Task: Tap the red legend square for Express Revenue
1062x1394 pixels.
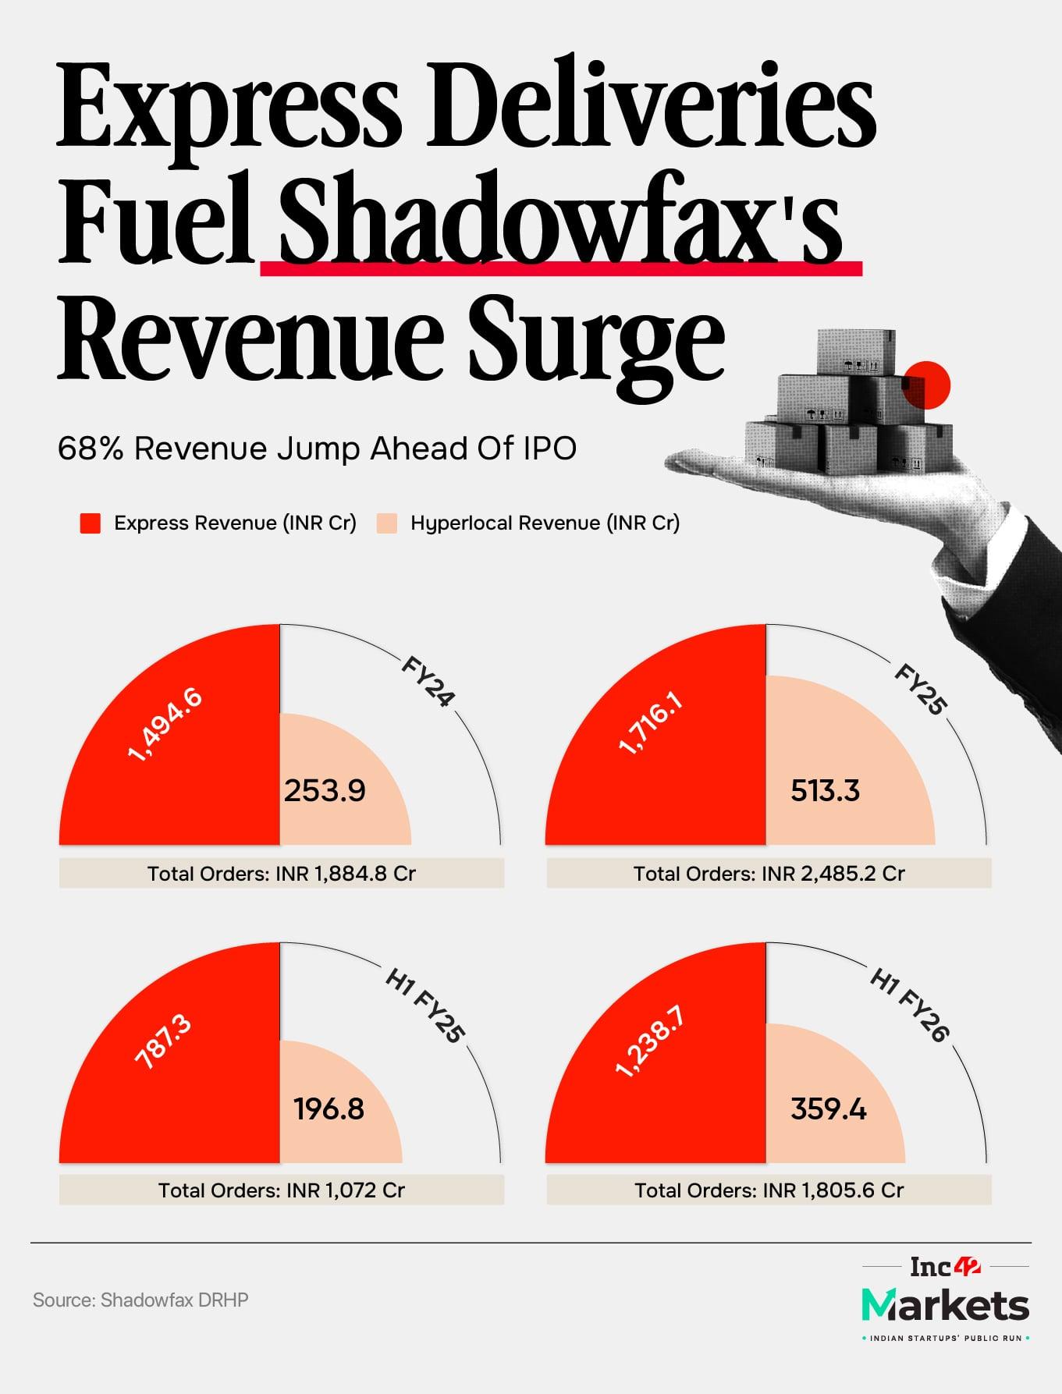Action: (91, 523)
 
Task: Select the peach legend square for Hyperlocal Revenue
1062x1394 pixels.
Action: (387, 523)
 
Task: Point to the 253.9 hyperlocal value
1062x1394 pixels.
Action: (325, 791)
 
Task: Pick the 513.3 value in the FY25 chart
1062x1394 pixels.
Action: (825, 791)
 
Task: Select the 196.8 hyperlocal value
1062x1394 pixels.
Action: (329, 1108)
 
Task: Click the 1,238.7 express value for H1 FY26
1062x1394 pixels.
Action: (650, 1042)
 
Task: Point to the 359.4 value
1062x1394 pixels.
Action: (828, 1108)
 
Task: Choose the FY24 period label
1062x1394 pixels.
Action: (427, 682)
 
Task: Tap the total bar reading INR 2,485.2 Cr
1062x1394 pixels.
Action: (769, 874)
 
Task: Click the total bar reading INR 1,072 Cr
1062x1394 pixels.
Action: (282, 1190)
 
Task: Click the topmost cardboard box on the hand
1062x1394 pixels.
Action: (856, 353)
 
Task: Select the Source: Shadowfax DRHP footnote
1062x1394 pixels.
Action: (140, 1300)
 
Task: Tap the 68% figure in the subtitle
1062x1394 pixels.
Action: (91, 449)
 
